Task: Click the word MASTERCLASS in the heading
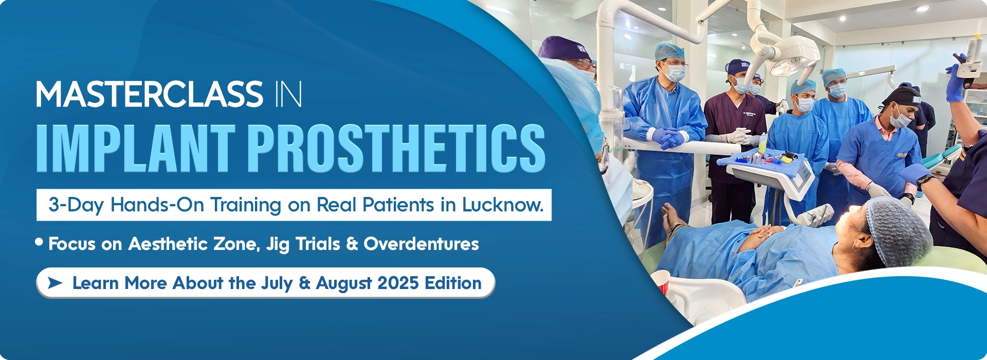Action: click(x=149, y=95)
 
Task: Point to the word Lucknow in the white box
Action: click(x=502, y=205)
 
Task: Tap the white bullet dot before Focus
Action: click(x=39, y=242)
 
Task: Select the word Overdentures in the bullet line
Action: click(x=421, y=244)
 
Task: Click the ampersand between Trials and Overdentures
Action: click(x=352, y=244)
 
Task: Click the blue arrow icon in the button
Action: click(x=54, y=282)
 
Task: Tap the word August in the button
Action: click(x=343, y=283)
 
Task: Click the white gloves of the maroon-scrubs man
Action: click(x=738, y=136)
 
